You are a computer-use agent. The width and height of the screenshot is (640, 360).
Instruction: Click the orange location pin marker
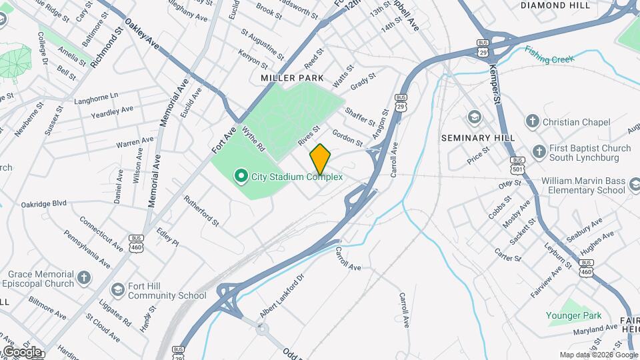[320, 158]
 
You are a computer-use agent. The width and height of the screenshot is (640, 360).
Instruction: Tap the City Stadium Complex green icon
[241, 177]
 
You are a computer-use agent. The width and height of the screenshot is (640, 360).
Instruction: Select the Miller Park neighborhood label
[292, 78]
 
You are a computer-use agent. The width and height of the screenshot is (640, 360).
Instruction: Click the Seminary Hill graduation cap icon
[474, 118]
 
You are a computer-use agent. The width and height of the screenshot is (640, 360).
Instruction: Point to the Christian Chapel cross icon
[532, 121]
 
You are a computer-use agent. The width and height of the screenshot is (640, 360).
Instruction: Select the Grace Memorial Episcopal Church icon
[84, 277]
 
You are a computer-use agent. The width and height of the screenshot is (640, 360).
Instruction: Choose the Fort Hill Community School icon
[118, 289]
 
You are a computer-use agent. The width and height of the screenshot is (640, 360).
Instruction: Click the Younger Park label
[574, 315]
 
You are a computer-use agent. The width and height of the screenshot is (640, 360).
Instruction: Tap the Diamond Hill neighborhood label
[555, 5]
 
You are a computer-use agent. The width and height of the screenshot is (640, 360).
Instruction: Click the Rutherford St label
[201, 209]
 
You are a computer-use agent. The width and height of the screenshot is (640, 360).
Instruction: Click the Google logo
[21, 351]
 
